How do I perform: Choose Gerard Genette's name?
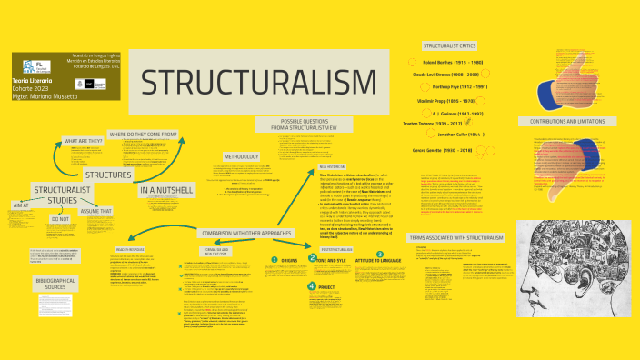pos(444,150)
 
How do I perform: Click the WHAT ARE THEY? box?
pos(83,143)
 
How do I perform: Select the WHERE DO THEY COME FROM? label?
pos(144,134)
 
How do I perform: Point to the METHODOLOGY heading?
pos(240,155)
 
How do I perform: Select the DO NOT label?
pos(60,219)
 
